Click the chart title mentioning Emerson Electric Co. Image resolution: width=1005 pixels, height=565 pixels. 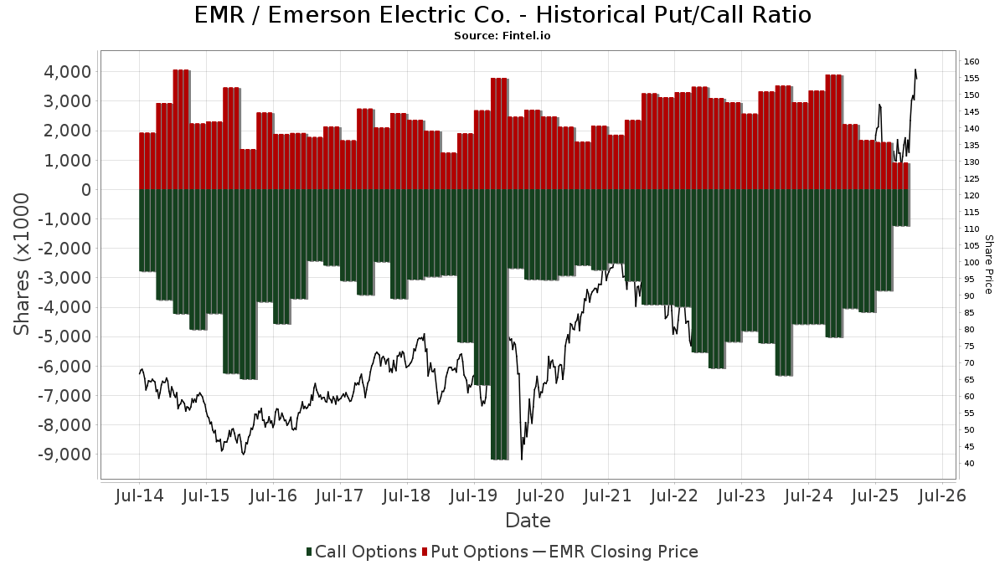502,15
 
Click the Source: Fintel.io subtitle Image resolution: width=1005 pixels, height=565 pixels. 502,36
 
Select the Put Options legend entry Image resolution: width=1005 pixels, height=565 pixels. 475,552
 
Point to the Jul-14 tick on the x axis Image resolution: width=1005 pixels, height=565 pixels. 140,496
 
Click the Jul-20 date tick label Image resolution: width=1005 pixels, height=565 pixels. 541,496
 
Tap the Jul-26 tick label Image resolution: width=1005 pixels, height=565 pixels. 942,496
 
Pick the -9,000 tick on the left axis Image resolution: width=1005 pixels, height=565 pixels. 62,455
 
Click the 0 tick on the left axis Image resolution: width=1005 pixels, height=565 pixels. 86,190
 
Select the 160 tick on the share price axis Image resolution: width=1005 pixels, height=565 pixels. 972,62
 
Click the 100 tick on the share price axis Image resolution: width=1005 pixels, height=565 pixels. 972,263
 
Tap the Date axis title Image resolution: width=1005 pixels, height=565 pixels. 528,521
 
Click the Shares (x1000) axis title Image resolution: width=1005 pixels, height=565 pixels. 23,264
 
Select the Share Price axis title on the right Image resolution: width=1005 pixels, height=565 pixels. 989,264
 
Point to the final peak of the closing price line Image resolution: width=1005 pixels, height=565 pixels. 915,69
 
